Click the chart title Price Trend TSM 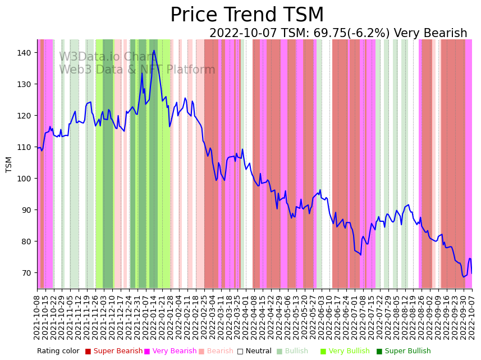tap(247, 15)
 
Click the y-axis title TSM tap(9, 164)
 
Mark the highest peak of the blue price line tap(154, 51)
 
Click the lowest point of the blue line tap(464, 277)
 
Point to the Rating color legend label tap(58, 352)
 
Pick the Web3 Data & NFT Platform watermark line tap(137, 70)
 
